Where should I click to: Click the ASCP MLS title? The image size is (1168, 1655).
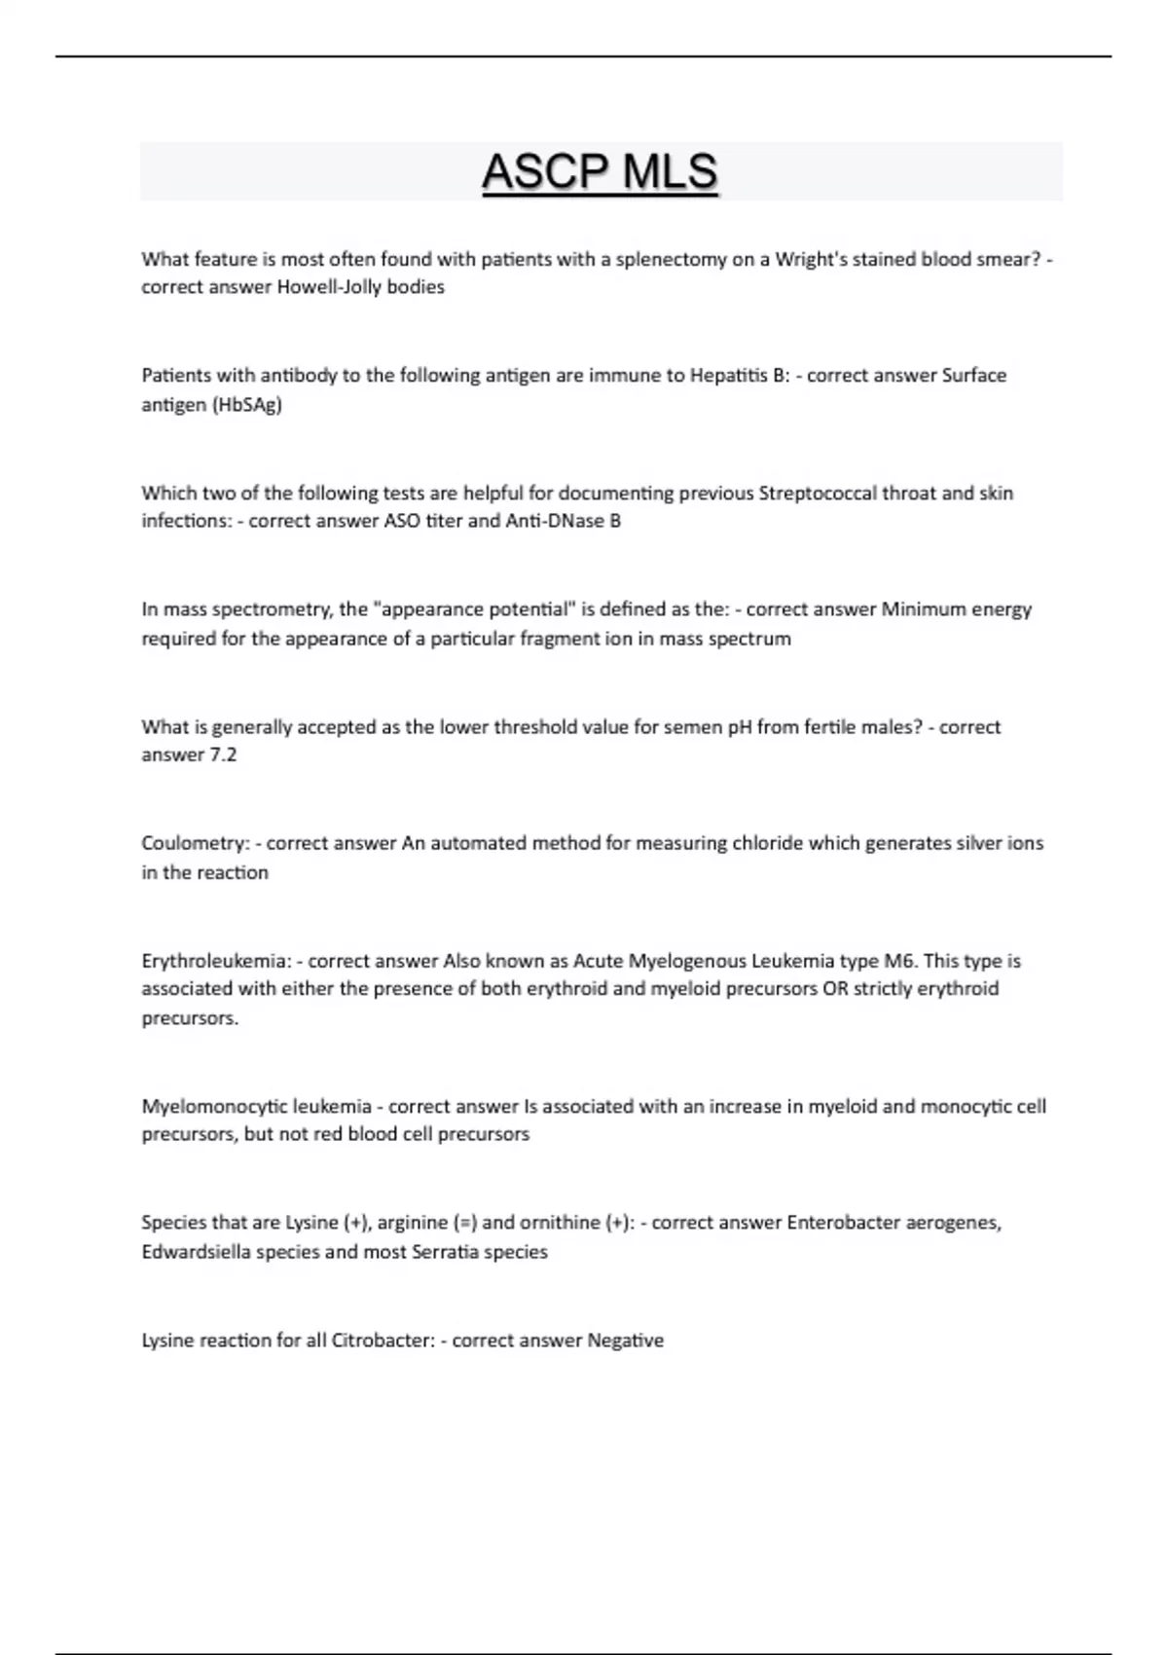(600, 172)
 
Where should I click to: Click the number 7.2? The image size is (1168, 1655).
(223, 754)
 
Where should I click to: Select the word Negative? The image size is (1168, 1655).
(625, 1341)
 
